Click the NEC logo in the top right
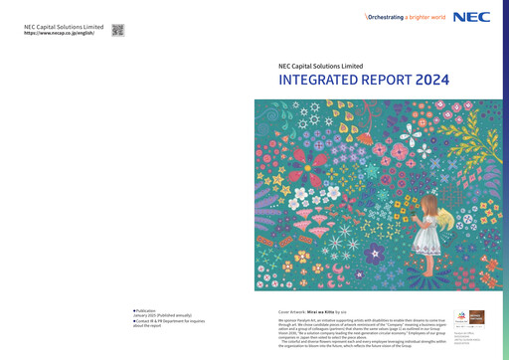(471, 17)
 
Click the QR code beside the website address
(118, 30)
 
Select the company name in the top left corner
(64, 26)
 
